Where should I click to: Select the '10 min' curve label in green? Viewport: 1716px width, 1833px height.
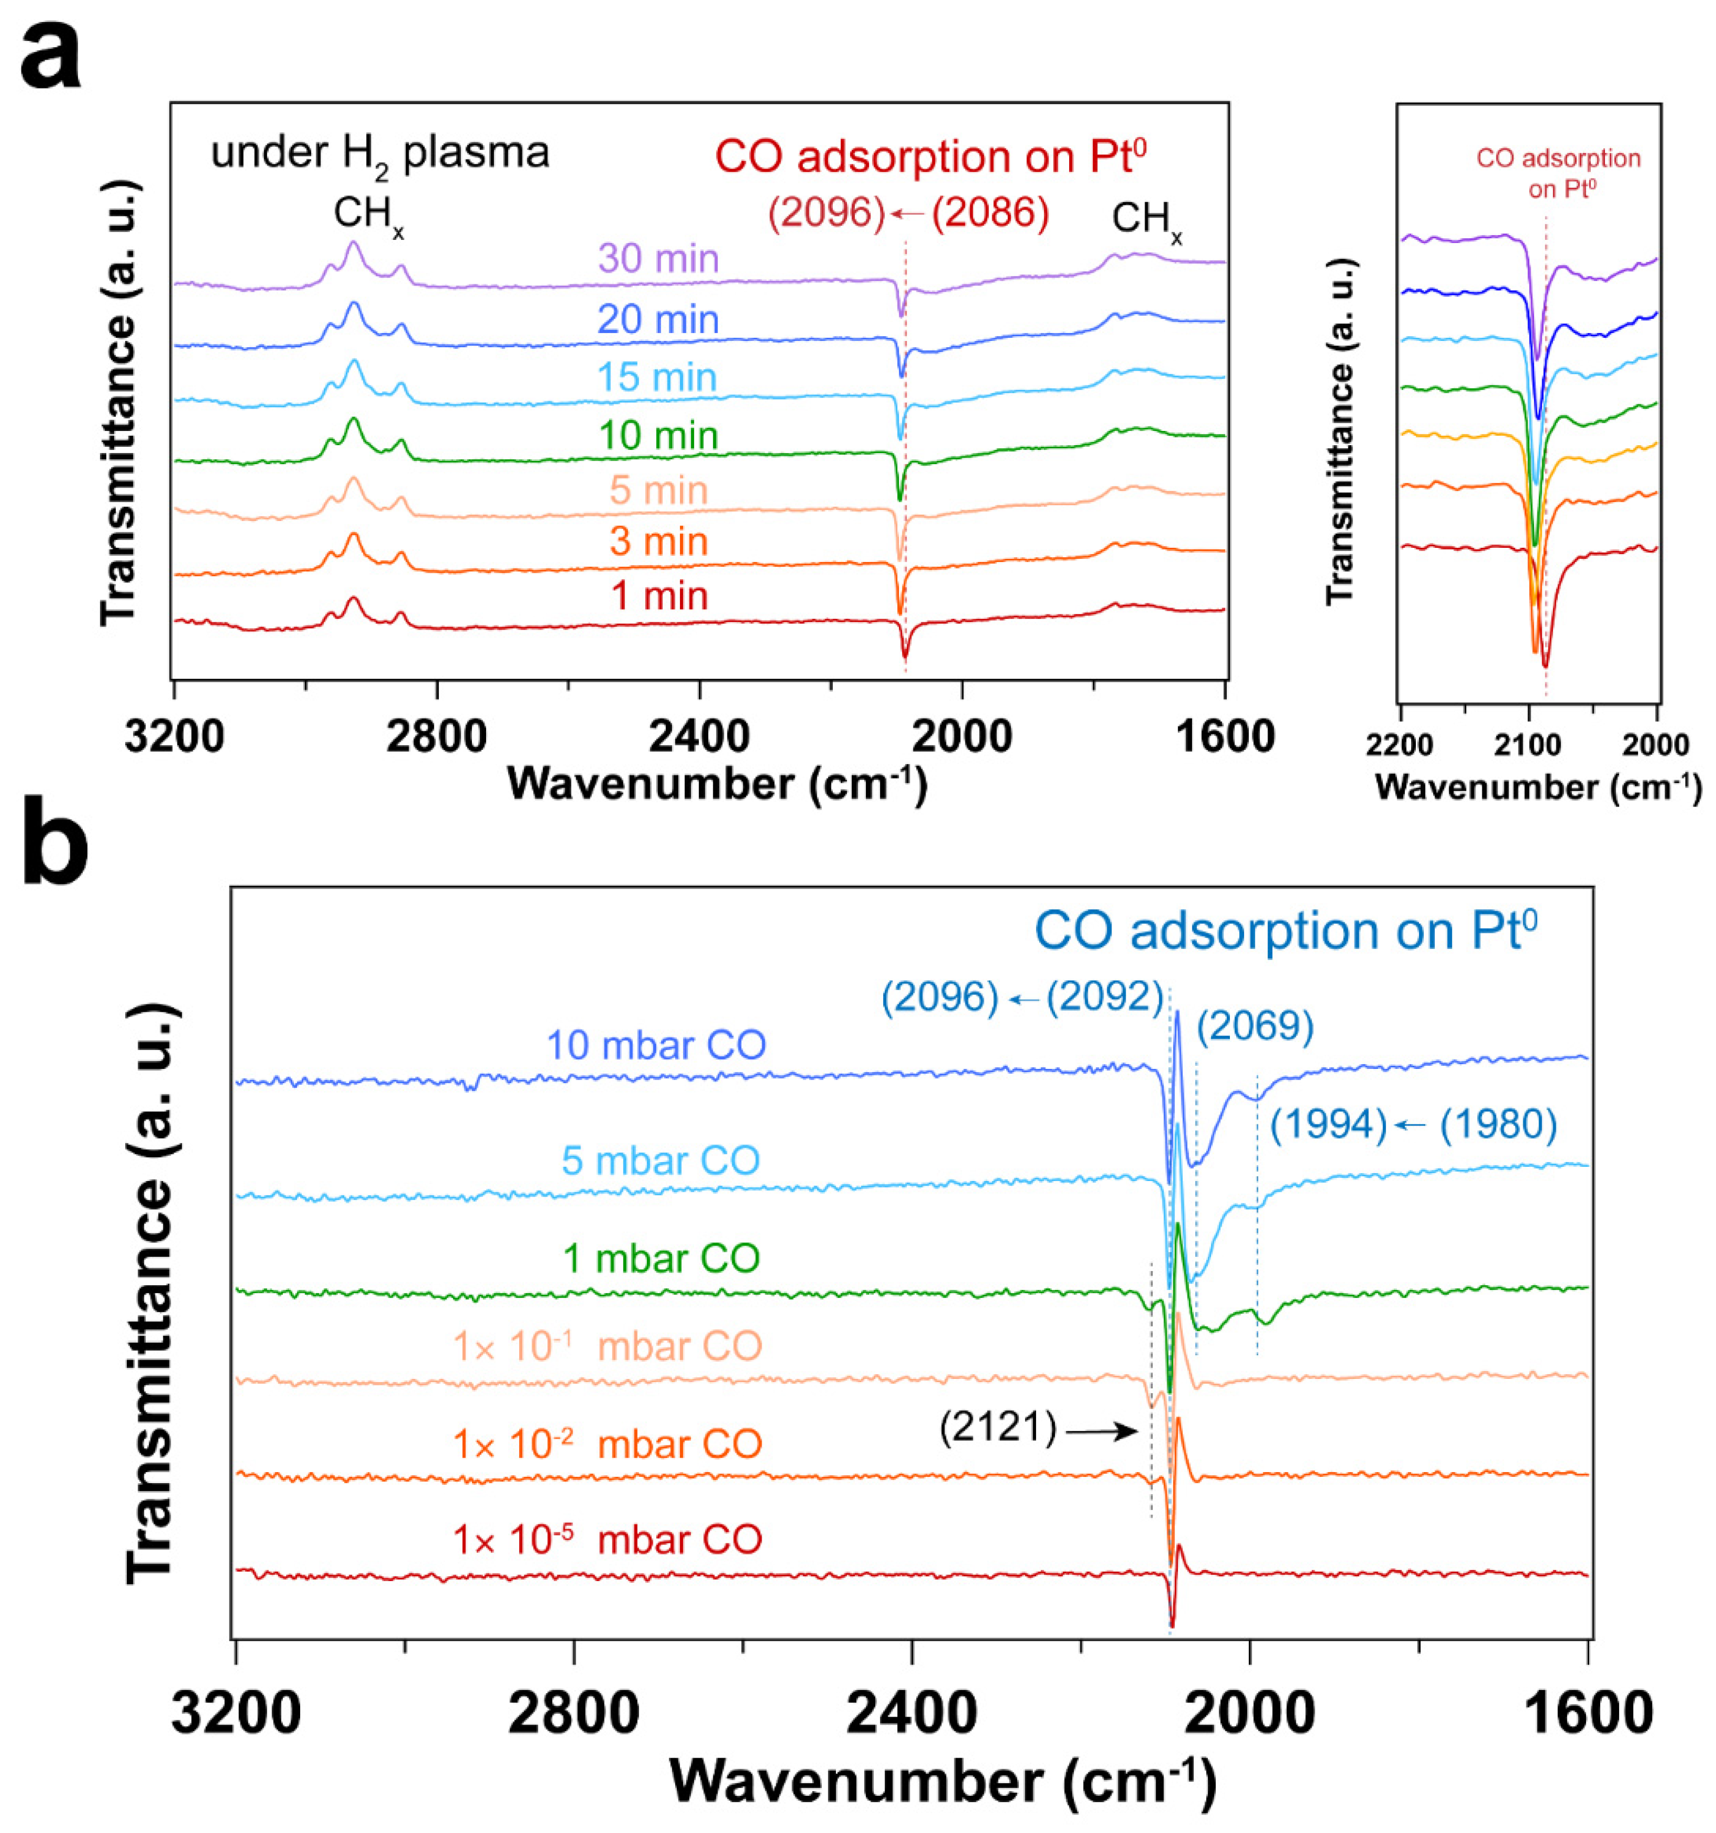(657, 435)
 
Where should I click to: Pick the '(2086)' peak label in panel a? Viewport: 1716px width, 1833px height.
(989, 213)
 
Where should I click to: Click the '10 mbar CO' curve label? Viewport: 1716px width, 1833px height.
(656, 1045)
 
